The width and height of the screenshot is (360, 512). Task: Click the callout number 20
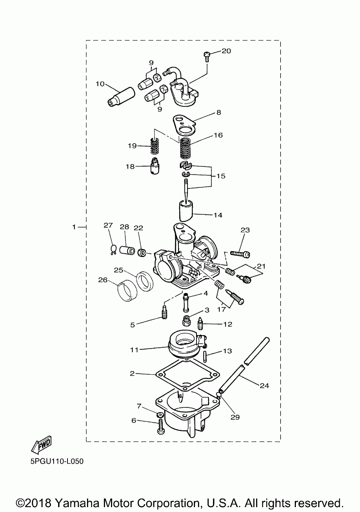226,51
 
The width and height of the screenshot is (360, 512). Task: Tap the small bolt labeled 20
207,56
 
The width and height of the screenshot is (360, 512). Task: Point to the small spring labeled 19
154,146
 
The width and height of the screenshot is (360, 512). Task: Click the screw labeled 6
161,426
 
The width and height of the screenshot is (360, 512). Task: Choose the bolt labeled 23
240,254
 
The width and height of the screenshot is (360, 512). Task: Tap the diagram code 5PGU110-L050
57,461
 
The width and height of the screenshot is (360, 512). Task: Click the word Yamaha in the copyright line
76,503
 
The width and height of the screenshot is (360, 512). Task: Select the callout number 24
264,385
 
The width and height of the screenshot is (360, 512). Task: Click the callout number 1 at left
74,227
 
